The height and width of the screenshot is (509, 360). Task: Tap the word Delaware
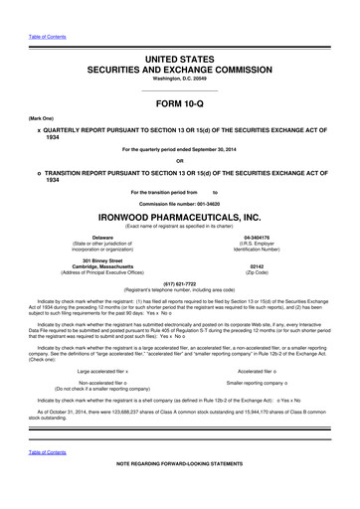coord(102,237)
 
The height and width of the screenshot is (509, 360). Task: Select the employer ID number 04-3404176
coord(259,237)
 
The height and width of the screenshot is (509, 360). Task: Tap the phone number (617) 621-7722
coord(179,281)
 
